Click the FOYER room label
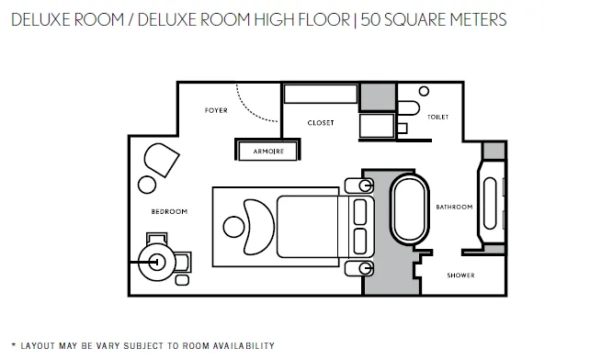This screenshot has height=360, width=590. pos(216,110)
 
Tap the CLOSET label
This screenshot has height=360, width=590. pos(321,123)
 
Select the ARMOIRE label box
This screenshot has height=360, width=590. pos(268,151)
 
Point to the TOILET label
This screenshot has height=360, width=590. pos(438,117)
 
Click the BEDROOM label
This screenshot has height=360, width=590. pos(169,211)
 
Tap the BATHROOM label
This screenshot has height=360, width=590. pos(454,207)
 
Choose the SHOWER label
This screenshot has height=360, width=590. pos(460,275)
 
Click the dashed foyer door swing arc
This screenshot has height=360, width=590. pos(248,110)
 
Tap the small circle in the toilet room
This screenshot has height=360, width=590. pos(424,91)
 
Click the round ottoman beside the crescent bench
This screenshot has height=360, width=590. pos(233,227)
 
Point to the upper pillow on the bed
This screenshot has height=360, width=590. pos(360,212)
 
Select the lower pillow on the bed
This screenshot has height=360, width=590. pos(360,242)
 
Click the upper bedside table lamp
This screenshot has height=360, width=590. pos(365,186)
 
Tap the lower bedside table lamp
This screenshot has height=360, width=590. pos(365,268)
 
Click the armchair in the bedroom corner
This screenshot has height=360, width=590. pos(162,160)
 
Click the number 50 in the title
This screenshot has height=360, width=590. pos(370,19)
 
